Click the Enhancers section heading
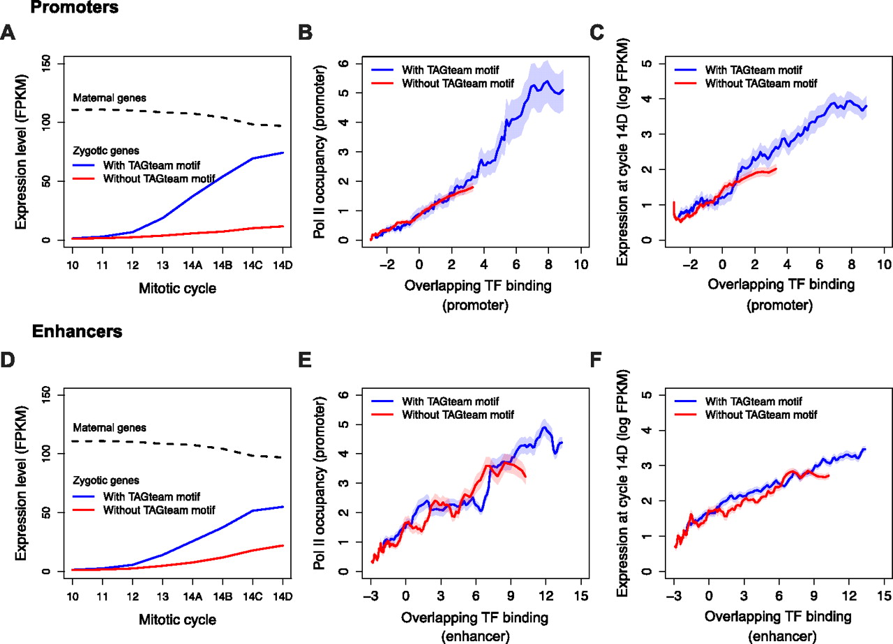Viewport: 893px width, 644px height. (x=77, y=332)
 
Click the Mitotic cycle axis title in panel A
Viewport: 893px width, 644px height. (x=178, y=289)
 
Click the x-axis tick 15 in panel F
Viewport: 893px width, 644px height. (x=884, y=596)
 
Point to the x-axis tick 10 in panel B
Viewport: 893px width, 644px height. (x=581, y=265)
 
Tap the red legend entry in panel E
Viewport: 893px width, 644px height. (x=457, y=415)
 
